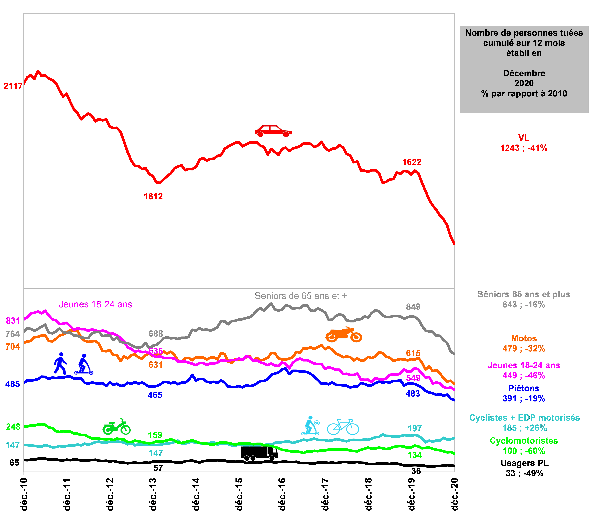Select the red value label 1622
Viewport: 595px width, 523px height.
[412, 162]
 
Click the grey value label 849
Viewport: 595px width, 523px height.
[413, 307]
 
